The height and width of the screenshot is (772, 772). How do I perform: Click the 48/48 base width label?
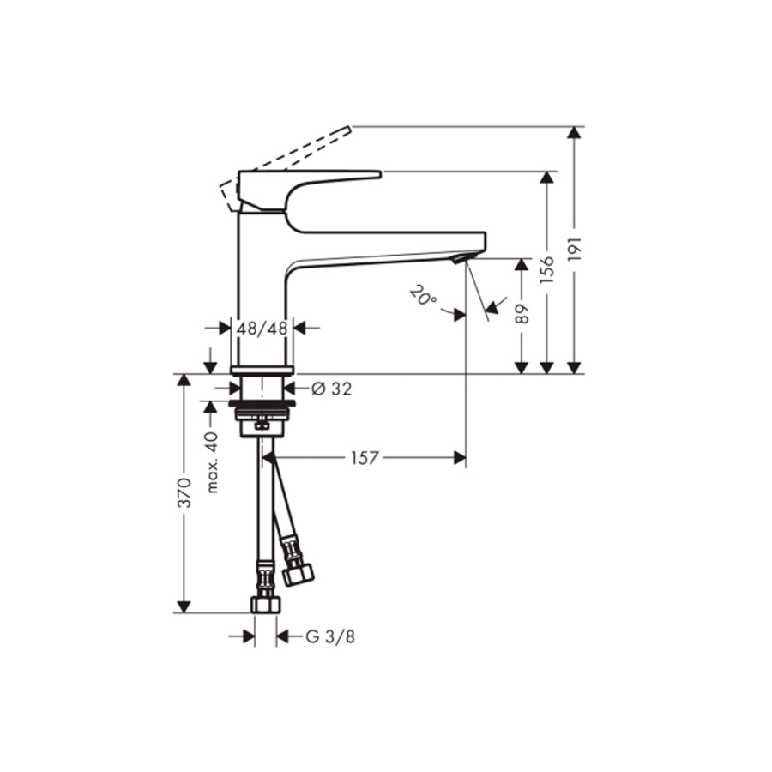[262, 328]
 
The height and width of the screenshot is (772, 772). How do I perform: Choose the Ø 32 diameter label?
[331, 389]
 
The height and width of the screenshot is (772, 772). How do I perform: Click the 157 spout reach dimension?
[364, 458]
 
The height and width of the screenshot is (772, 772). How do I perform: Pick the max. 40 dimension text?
[212, 461]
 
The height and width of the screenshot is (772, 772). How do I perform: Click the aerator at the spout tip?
[463, 257]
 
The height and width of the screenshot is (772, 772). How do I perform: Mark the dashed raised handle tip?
[344, 130]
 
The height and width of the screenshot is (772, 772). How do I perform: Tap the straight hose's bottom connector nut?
[265, 604]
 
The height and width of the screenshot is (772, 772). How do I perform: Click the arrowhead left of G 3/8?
[248, 636]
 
